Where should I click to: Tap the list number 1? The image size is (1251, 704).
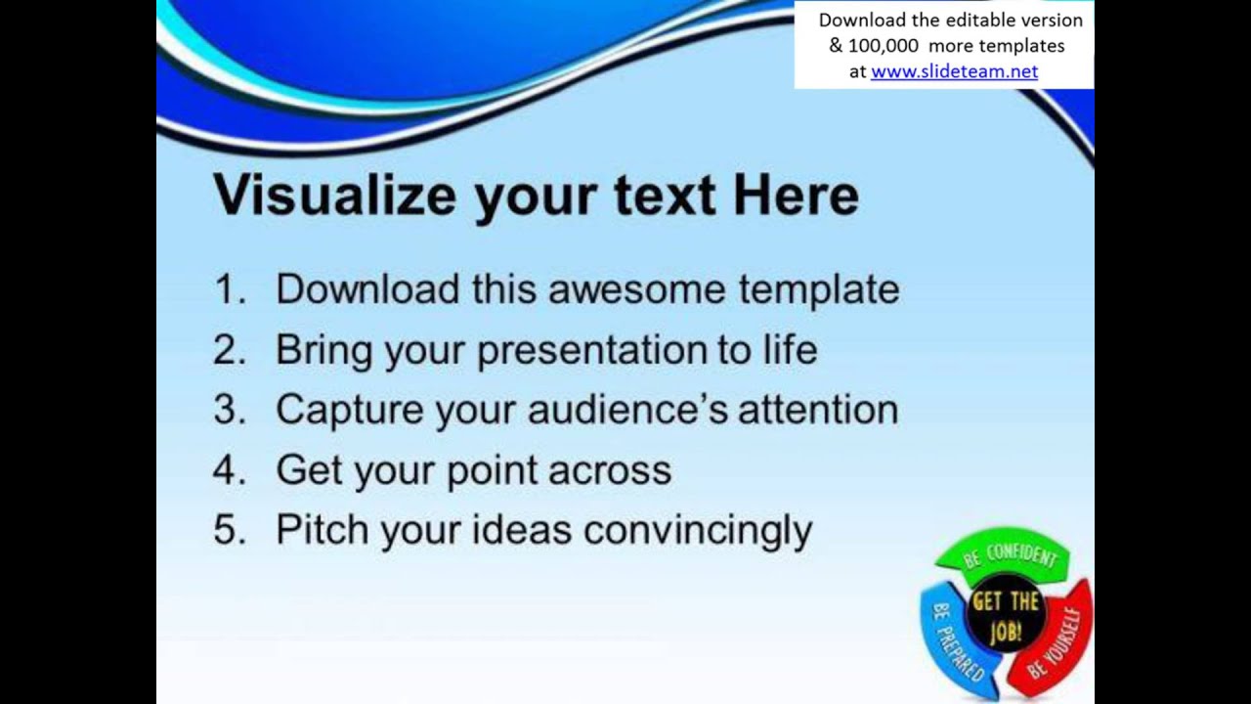pos(229,289)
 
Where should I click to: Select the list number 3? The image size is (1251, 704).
pos(229,410)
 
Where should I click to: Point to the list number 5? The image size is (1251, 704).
pos(229,530)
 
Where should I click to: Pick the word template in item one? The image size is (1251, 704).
pos(818,289)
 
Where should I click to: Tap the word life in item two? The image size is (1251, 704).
pos(786,349)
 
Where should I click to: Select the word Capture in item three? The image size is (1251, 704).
pos(349,410)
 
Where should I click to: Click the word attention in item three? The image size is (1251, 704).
pos(817,410)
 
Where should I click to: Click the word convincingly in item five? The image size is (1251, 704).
pos(697,531)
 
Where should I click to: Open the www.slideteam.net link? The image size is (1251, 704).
pos(954,71)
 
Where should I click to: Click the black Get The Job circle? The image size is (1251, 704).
pos(1005,616)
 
